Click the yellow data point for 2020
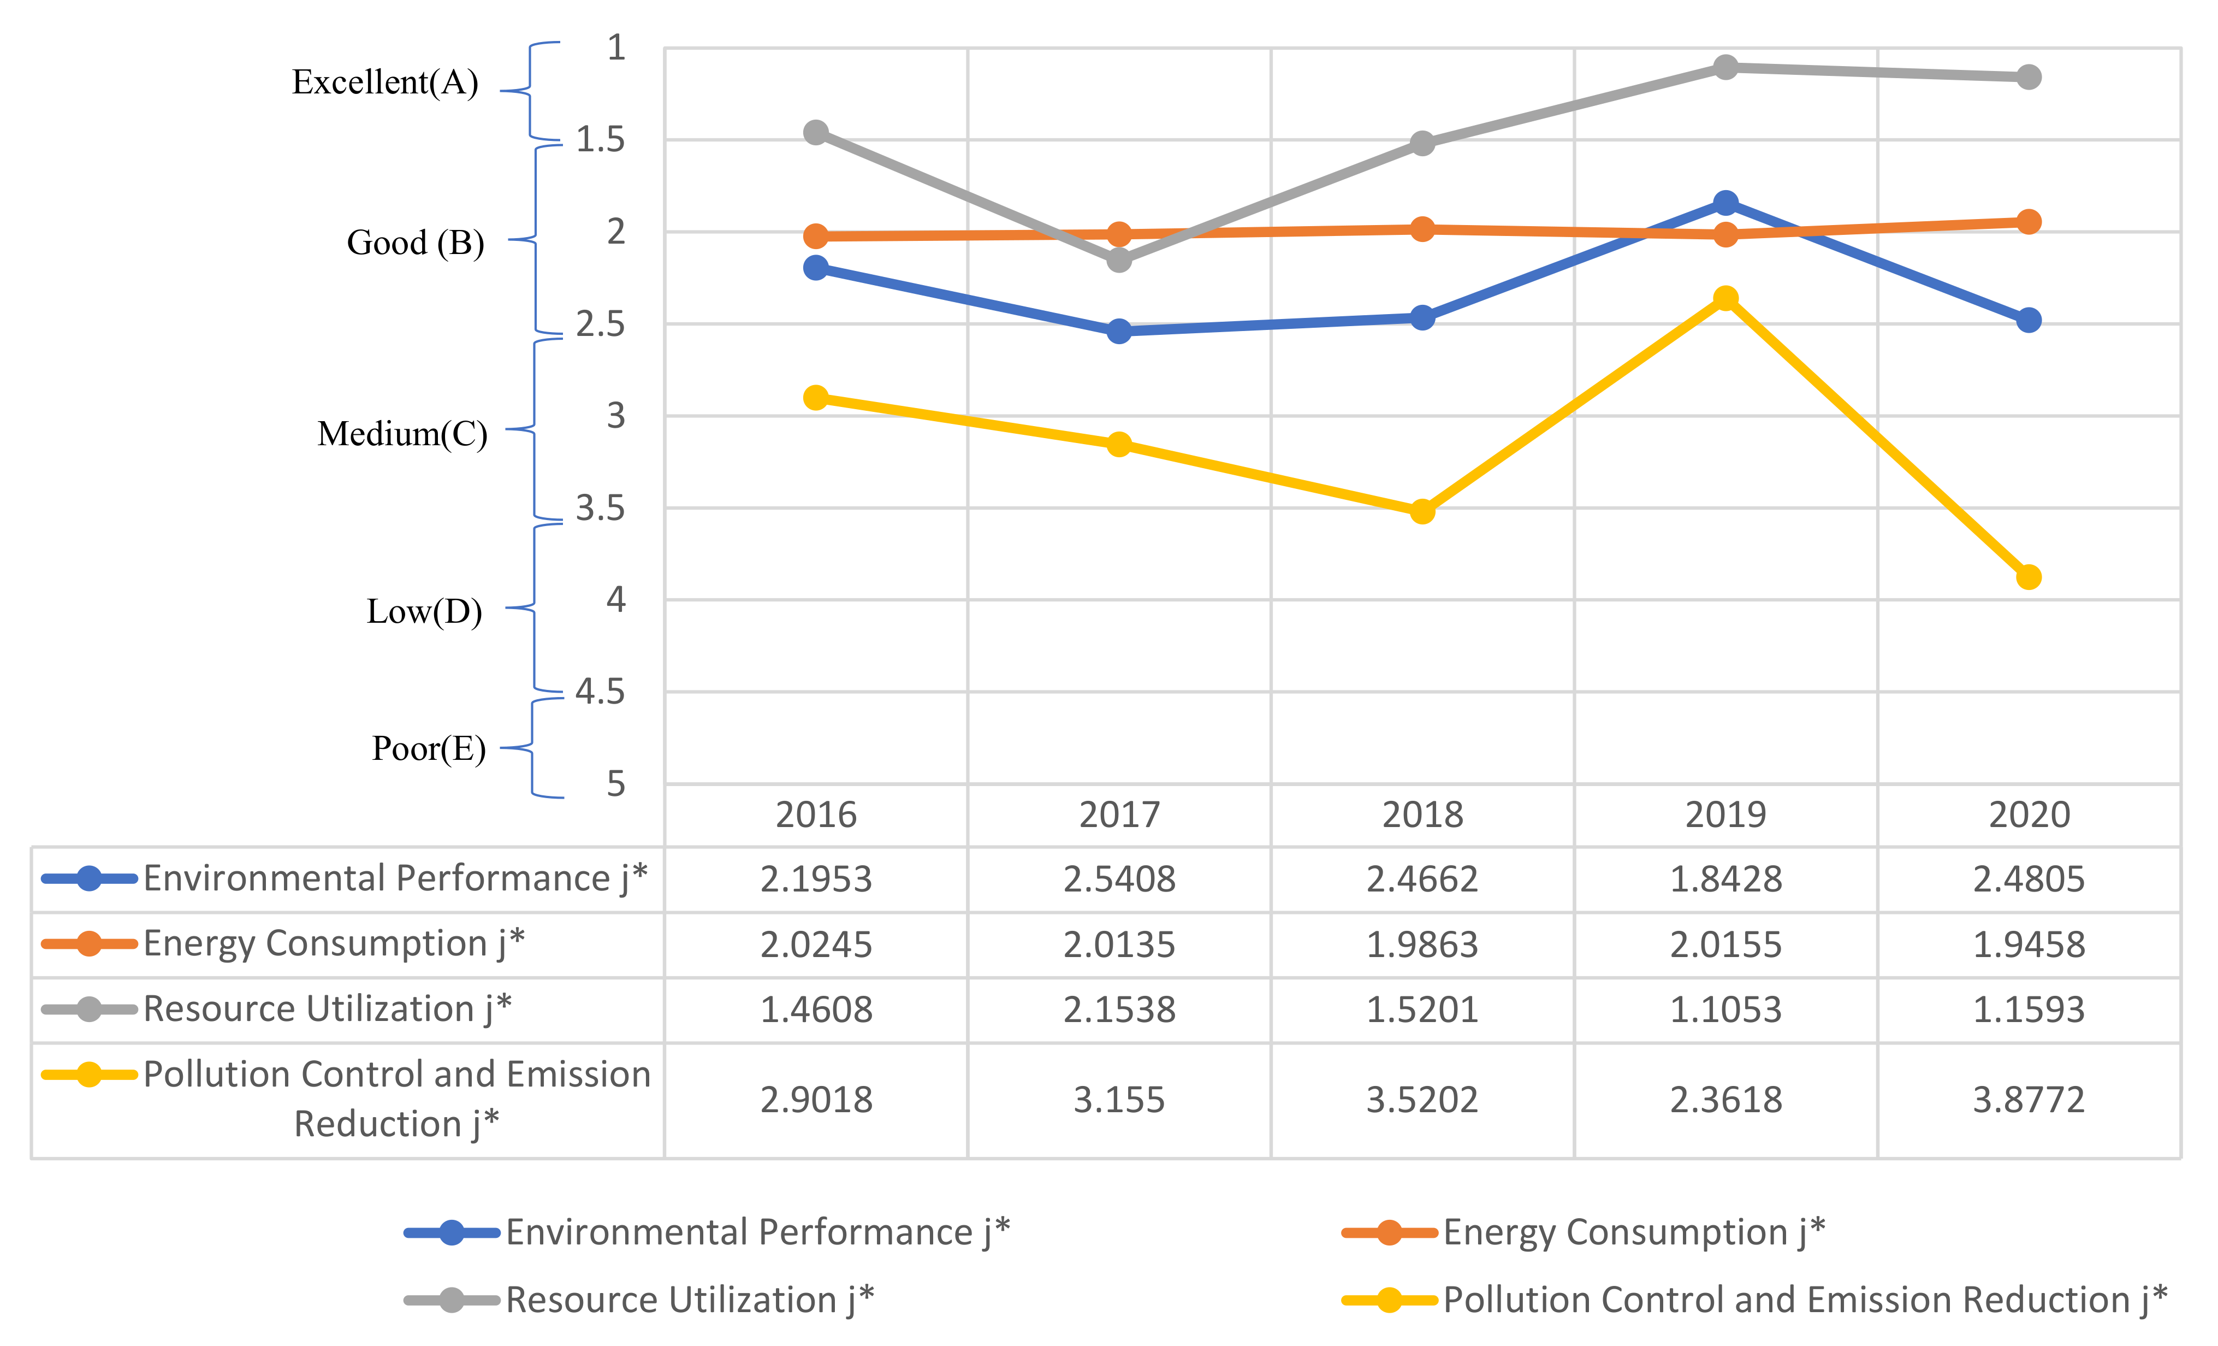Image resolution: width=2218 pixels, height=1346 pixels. (2028, 577)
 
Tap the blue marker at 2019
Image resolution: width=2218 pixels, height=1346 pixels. (1725, 203)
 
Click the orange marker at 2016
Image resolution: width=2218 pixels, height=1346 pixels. (816, 236)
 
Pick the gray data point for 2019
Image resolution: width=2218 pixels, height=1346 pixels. (1725, 68)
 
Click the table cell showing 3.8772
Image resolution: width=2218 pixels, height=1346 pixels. (2028, 1099)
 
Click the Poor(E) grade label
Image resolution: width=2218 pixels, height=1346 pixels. (429, 748)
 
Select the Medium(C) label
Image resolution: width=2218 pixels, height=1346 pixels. (402, 434)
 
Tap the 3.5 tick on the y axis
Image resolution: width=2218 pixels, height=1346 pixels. (601, 509)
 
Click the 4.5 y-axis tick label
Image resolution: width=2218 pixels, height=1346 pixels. (601, 692)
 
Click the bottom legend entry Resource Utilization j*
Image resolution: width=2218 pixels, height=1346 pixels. (690, 1299)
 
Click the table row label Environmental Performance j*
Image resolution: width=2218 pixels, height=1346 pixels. (394, 878)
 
